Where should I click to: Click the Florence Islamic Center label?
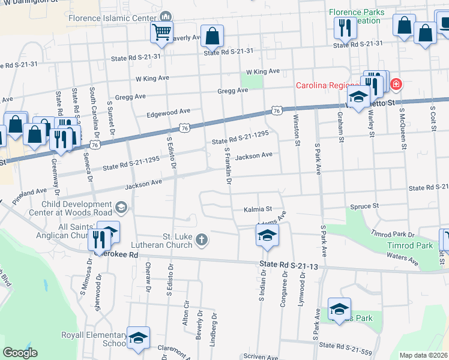pos(112,18)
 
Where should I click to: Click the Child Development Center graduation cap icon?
pos(121,208)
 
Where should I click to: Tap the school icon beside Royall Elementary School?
pos(138,338)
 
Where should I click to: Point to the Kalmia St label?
pos(258,210)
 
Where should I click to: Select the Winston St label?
pos(297,132)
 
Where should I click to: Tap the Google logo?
pos(20,353)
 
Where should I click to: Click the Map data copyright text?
pos(423,355)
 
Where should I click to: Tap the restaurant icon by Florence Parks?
pos(344,28)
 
